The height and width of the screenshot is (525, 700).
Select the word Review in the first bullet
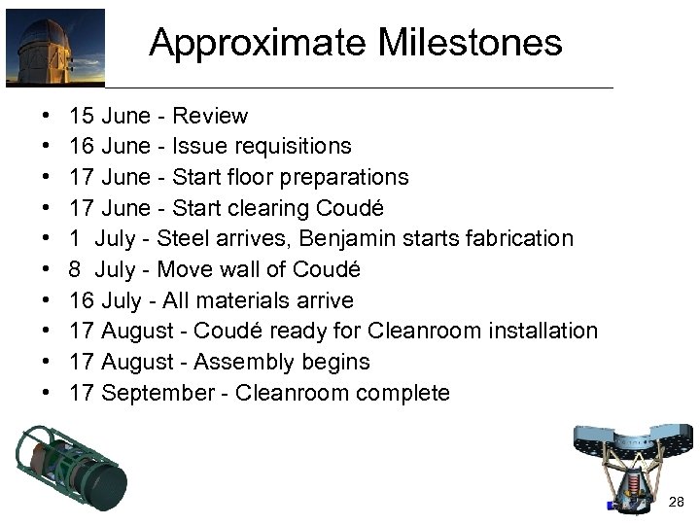coord(210,117)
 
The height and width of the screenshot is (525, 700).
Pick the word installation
coord(540,331)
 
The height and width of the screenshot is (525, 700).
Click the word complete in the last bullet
coord(408,394)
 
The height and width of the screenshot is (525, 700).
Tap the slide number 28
coord(678,502)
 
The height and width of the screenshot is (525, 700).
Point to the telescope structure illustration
coord(633,467)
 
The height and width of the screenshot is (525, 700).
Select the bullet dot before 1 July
coord(48,239)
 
